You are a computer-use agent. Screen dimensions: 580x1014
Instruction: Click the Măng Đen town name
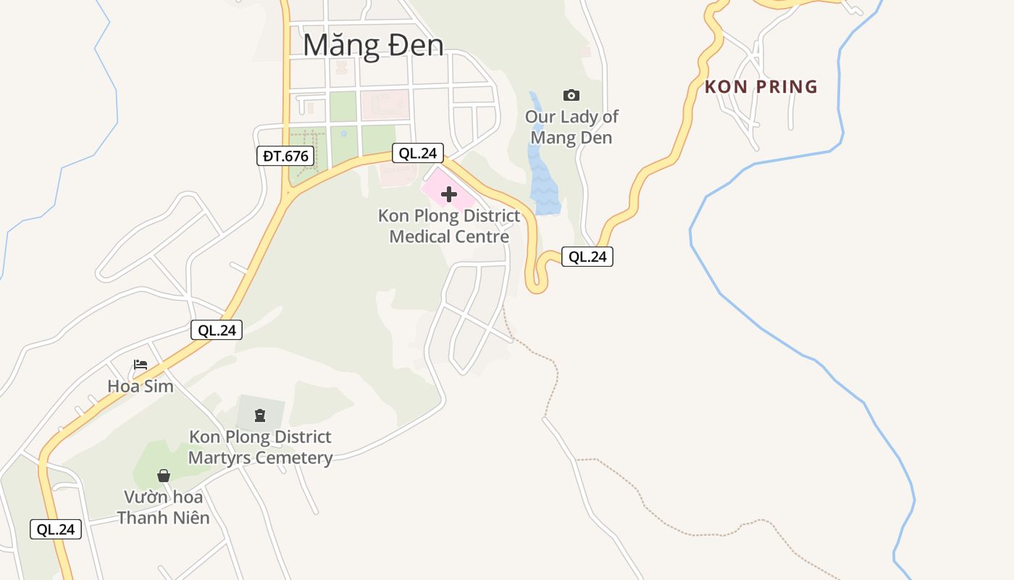click(373, 45)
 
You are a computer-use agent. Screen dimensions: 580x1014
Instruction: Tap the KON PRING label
click(761, 87)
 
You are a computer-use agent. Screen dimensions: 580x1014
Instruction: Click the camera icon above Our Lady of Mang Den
click(571, 95)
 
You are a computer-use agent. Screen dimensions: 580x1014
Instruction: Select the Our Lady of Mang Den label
click(571, 127)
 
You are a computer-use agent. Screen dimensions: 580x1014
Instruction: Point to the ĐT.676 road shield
click(285, 155)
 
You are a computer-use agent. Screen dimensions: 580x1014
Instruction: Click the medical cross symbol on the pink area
click(449, 194)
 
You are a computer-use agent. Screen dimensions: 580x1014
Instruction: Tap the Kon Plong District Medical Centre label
click(449, 226)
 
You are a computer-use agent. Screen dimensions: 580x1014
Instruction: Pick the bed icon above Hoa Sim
click(141, 365)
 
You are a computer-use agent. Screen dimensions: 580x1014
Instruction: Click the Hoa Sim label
click(141, 386)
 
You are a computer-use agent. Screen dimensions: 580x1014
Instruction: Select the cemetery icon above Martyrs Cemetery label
click(259, 415)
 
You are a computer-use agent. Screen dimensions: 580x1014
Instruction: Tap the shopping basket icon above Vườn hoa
click(164, 476)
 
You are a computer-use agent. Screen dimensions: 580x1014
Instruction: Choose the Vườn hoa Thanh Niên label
click(164, 507)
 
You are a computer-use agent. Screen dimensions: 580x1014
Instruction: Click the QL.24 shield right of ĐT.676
click(418, 153)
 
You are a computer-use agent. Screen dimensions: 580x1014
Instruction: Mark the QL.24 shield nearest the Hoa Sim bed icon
click(217, 330)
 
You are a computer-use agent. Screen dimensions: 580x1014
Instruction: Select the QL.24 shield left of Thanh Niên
click(56, 529)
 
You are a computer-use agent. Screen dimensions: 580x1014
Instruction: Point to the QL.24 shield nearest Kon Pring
click(587, 256)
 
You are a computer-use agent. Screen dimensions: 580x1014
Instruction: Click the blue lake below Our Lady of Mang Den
click(544, 181)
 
